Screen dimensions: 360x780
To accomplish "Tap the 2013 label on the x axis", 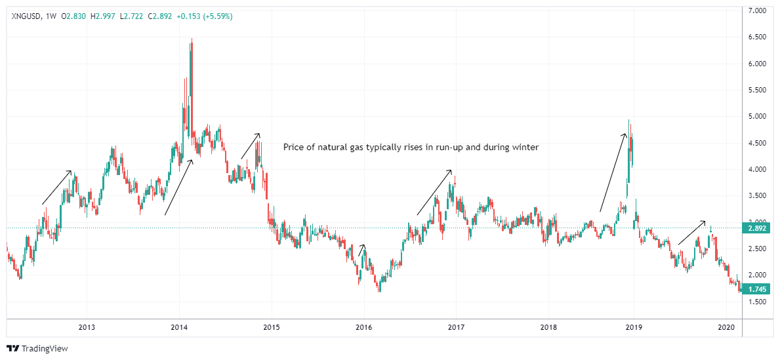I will pos(87,327).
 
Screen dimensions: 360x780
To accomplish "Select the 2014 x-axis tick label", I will pos(180,327).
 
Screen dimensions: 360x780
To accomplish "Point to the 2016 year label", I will pos(364,327).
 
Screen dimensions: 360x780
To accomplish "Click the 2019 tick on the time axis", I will pos(633,327).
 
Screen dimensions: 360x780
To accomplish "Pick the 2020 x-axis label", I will pos(726,327).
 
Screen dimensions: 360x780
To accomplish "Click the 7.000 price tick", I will pos(758,11).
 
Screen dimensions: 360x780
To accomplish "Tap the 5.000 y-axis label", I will pos(758,117).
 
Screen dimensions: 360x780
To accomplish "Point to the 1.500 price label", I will pos(758,302).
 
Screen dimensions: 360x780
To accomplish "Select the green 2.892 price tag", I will pos(757,228).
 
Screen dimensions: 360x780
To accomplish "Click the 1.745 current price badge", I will pos(757,289).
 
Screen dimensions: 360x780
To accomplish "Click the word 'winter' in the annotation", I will pos(525,148).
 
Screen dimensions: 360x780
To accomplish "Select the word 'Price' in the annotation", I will pos(293,148).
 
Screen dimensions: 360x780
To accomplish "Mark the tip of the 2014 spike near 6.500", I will pos(192,39).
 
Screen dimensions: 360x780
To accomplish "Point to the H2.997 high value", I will pos(106,16).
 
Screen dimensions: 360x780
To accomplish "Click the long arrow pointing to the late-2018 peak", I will pos(613,172).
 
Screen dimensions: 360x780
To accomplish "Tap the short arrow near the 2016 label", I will pos(361,250).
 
